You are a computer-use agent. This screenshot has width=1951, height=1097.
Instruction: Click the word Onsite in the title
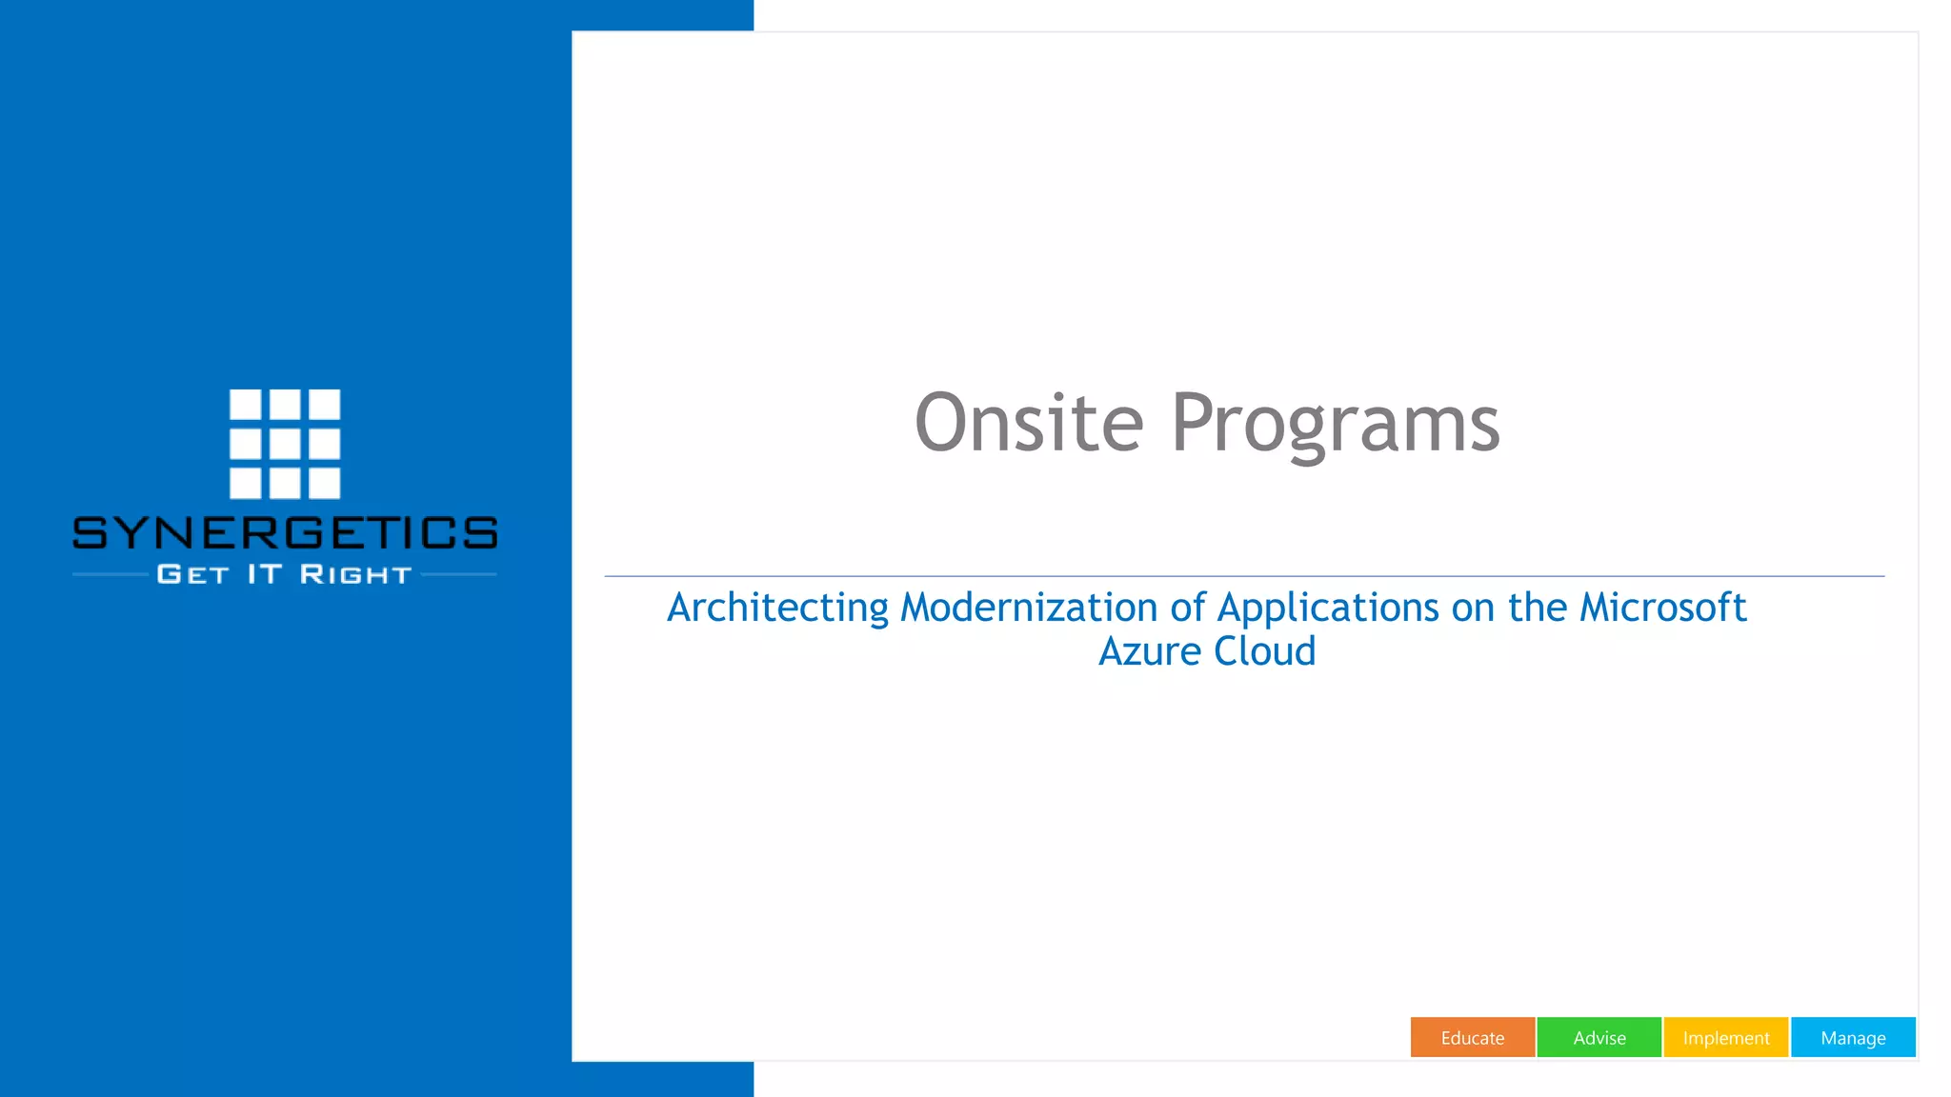[x=1029, y=423]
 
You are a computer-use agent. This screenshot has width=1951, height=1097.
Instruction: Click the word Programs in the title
[x=1335, y=425]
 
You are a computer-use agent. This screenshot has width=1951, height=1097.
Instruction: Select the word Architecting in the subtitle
[x=777, y=608]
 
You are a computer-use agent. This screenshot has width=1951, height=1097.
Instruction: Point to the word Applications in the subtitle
[x=1328, y=608]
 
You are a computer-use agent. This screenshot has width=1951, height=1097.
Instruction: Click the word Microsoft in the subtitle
[x=1662, y=608]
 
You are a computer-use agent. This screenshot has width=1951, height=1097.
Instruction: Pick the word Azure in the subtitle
[x=1150, y=652]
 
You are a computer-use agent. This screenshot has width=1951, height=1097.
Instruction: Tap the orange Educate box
[x=1472, y=1037]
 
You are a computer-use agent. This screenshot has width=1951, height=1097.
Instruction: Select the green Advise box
[x=1599, y=1037]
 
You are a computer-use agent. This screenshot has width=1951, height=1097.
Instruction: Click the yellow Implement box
[x=1725, y=1037]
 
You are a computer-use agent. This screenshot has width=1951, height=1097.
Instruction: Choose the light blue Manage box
[x=1852, y=1037]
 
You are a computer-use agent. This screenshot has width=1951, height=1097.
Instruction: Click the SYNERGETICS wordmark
[x=285, y=533]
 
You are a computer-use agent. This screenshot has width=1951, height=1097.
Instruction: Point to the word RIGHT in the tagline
[x=355, y=575]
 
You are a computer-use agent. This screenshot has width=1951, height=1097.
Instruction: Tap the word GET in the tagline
[x=193, y=575]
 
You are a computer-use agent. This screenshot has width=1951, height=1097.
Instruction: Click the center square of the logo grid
[x=285, y=444]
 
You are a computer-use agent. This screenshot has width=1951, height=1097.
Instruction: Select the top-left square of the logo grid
[x=245, y=404]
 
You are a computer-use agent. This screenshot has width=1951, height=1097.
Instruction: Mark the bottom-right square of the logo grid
[x=324, y=483]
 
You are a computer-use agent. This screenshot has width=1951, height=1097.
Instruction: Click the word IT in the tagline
[x=265, y=574]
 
